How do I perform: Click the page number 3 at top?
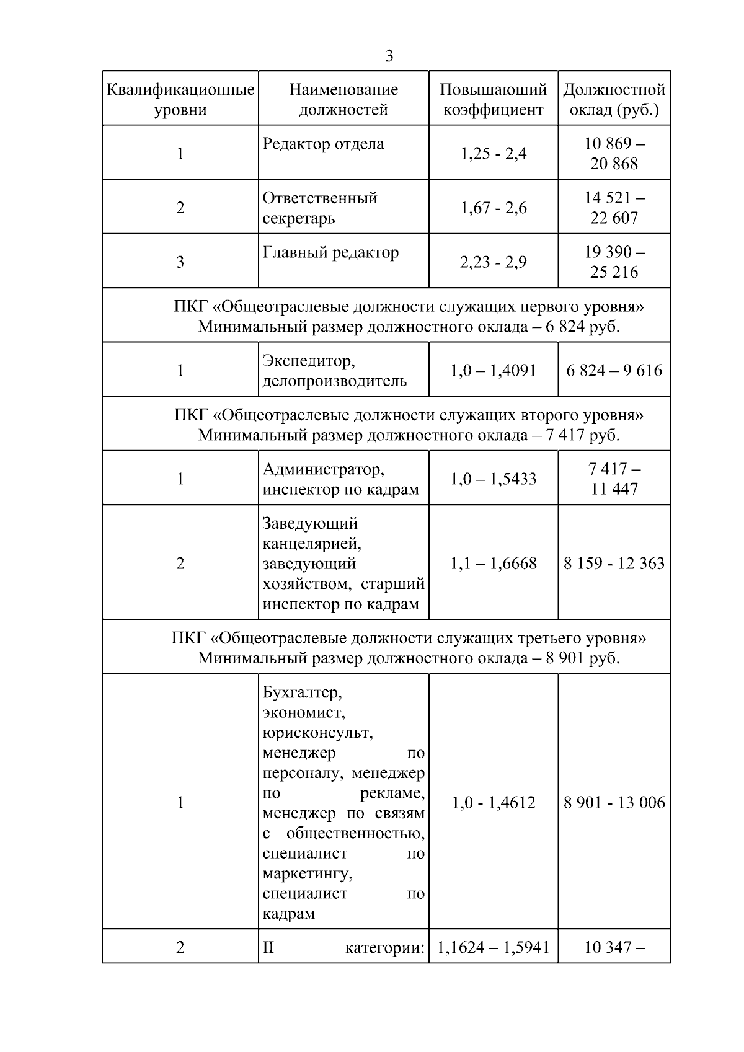(x=389, y=56)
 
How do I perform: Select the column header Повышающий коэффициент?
(x=493, y=99)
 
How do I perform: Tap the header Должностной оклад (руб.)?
(x=614, y=99)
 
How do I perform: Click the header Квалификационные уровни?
(x=180, y=99)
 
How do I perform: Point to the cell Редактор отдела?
(x=323, y=144)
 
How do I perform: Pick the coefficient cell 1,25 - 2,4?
(x=493, y=153)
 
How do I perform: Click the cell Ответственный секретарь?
(x=320, y=208)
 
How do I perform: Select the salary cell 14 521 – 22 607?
(x=614, y=208)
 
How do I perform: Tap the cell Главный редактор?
(x=330, y=252)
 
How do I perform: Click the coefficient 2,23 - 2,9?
(x=493, y=262)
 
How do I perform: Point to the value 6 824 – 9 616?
(x=614, y=370)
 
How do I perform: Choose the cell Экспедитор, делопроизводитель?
(x=335, y=370)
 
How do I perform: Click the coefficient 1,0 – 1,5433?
(x=493, y=479)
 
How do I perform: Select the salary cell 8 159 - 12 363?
(x=614, y=563)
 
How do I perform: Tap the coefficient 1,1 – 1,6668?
(x=493, y=563)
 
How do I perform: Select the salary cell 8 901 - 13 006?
(x=614, y=802)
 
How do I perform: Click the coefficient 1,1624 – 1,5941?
(x=493, y=947)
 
